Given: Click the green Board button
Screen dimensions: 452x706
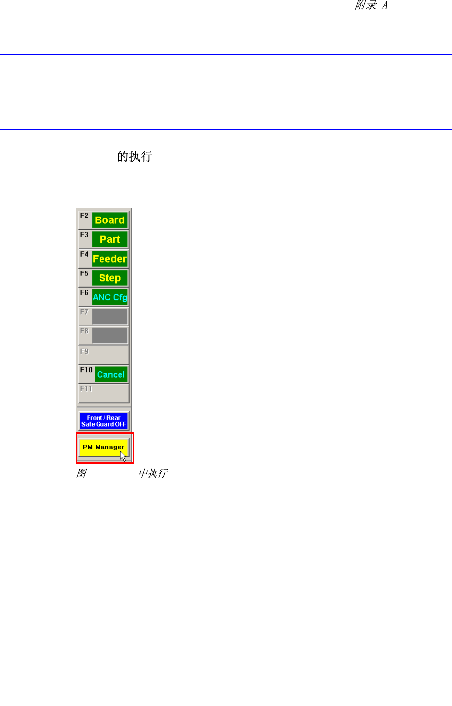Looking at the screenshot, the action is pos(109,220).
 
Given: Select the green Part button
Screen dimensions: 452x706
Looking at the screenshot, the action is pos(109,240).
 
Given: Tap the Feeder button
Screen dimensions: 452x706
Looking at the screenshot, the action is pos(109,259).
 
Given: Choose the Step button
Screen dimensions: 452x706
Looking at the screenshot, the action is pos(109,278).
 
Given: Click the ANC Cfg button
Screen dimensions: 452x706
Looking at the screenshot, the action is pos(109,297).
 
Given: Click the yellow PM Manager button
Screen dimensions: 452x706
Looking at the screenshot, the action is pos(103,447).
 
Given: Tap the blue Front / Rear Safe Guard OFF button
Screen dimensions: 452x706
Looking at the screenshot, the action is pos(103,421).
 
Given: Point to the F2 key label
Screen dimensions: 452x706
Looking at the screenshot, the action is pos(84,216).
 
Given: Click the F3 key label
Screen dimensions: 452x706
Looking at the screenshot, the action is pos(84,235).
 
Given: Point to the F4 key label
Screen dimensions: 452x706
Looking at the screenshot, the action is pos(84,254).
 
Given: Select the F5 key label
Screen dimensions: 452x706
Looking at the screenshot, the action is pos(84,273).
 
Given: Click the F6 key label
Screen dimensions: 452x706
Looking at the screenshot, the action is pos(84,293).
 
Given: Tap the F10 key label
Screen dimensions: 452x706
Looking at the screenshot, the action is pos(86,370).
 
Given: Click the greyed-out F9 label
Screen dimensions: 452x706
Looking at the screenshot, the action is pos(84,351).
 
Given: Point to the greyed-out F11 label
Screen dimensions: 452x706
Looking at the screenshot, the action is pos(86,389).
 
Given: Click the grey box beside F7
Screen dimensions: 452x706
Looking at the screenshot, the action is pos(109,317).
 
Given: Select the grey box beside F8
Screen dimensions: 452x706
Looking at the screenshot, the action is pos(109,335).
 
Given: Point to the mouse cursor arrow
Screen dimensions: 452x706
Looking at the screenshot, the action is pos(123,456).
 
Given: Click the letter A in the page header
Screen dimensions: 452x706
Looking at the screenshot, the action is pos(384,6).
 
